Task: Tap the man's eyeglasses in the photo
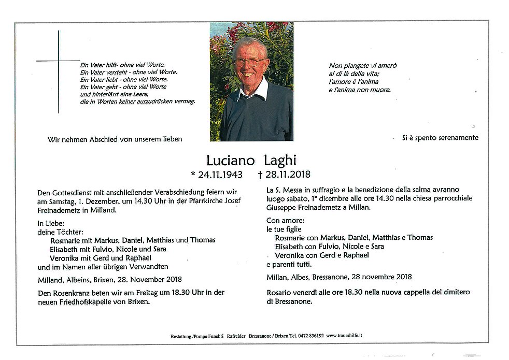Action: point(250,62)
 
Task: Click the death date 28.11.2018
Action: point(284,175)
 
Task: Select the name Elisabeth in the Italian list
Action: point(292,246)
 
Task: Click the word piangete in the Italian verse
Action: point(357,66)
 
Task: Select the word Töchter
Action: point(69,231)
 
